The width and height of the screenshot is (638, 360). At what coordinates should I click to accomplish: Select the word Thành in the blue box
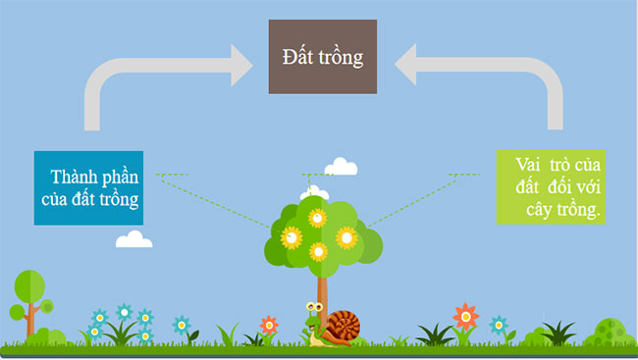click(x=76, y=177)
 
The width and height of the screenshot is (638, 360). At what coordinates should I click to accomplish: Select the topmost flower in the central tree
click(x=316, y=217)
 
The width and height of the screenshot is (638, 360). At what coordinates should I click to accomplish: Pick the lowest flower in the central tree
click(x=318, y=252)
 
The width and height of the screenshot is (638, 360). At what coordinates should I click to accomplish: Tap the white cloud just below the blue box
click(x=133, y=239)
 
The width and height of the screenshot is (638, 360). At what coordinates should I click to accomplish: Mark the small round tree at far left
click(x=28, y=286)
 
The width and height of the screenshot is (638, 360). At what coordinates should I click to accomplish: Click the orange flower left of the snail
click(x=268, y=324)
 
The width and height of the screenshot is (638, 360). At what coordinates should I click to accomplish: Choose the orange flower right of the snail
click(x=466, y=315)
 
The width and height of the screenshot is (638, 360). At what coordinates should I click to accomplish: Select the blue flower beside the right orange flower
click(x=498, y=324)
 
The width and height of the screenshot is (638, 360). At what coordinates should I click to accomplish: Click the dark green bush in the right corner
click(x=611, y=331)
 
